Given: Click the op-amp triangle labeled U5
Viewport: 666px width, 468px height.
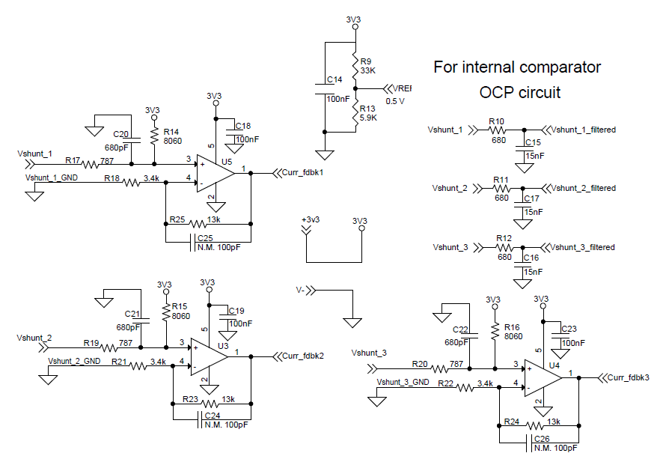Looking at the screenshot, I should (x=214, y=173).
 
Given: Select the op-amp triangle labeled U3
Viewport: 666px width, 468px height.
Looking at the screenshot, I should (x=209, y=356).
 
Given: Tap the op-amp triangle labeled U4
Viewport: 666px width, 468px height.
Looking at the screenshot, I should (x=541, y=377).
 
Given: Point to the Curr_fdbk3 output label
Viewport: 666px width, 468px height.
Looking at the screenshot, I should (x=628, y=377).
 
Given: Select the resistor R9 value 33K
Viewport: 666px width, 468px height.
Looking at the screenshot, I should (x=367, y=70).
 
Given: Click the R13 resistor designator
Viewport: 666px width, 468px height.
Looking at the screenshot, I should (x=367, y=109).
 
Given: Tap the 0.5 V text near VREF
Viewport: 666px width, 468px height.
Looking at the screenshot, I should (x=395, y=101).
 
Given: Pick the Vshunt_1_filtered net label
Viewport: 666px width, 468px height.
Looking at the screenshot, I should (x=583, y=130).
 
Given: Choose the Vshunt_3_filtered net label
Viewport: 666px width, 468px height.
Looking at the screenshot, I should (x=583, y=247).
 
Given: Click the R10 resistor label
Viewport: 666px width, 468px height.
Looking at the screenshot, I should (x=495, y=121).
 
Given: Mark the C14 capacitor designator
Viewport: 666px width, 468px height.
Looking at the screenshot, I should (x=334, y=79).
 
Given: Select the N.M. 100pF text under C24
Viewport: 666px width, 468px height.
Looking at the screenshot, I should (x=225, y=424).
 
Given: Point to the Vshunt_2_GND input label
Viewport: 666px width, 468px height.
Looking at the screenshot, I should (x=74, y=360).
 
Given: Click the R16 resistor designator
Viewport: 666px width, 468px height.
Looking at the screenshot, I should (x=512, y=327).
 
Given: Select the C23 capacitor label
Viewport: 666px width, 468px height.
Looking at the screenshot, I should (x=569, y=328).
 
